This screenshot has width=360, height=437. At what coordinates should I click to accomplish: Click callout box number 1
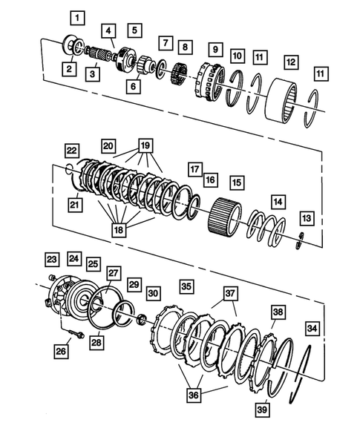coord(78,16)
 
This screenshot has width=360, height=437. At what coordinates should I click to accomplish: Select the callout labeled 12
coord(291,62)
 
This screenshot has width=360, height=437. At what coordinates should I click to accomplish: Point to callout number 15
coord(237,182)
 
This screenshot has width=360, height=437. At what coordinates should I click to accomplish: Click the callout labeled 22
coord(71,151)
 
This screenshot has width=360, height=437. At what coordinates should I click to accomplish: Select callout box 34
coord(312,327)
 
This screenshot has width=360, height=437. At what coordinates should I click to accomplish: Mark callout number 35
coord(186,286)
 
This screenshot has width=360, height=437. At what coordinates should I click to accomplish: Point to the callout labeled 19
coord(145,146)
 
